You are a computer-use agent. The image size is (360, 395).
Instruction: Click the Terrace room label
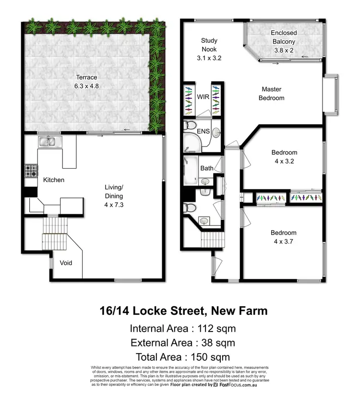[x=85, y=77]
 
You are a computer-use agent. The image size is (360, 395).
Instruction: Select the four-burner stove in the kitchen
[x=31, y=171]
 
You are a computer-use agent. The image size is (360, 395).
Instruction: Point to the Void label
[x=66, y=263]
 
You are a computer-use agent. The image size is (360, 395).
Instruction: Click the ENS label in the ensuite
[x=203, y=130]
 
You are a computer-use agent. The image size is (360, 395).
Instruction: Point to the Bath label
[x=207, y=168]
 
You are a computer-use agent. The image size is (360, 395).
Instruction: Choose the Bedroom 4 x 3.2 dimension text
[x=283, y=161]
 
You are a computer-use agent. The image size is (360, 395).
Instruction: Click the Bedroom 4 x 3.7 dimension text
[x=283, y=241]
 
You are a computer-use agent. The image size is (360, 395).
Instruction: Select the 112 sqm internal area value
[x=214, y=329]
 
